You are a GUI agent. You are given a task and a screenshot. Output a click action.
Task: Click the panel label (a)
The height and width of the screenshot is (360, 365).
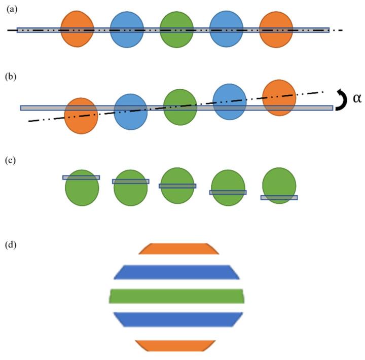tap(11, 9)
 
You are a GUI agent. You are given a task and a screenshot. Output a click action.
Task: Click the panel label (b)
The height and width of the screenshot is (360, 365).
tap(11, 77)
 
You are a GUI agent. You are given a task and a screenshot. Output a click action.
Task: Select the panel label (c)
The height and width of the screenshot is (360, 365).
tap(11, 161)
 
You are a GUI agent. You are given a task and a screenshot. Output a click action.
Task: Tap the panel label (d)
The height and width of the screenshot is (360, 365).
tap(11, 245)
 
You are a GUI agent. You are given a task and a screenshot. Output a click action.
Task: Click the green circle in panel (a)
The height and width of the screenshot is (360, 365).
tap(176, 30)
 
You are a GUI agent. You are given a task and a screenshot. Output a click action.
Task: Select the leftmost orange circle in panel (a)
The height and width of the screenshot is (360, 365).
tap(77, 30)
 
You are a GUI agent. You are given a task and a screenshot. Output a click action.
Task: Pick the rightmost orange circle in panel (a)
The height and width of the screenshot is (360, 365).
tap(276, 30)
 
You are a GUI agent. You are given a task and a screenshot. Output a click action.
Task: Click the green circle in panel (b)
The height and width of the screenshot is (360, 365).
tap(180, 106)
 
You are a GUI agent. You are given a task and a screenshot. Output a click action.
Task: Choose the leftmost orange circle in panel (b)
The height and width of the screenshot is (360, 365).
tap(81, 116)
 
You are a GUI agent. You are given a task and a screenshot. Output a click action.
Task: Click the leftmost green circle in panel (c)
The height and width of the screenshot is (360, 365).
tap(82, 188)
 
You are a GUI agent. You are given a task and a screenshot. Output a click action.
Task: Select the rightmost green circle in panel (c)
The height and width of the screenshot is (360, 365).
tap(279, 186)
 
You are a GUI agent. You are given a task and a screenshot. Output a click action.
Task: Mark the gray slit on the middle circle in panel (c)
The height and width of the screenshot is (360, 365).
tap(177, 186)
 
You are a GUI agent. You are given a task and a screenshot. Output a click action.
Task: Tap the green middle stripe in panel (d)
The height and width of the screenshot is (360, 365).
tap(176, 296)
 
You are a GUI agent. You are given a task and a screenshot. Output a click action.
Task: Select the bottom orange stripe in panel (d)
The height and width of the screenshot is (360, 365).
tap(175, 345)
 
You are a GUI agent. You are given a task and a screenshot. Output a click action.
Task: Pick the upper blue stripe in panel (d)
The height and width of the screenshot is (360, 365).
tap(176, 272)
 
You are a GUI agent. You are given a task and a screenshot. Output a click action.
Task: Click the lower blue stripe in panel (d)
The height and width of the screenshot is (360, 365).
tap(176, 319)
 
